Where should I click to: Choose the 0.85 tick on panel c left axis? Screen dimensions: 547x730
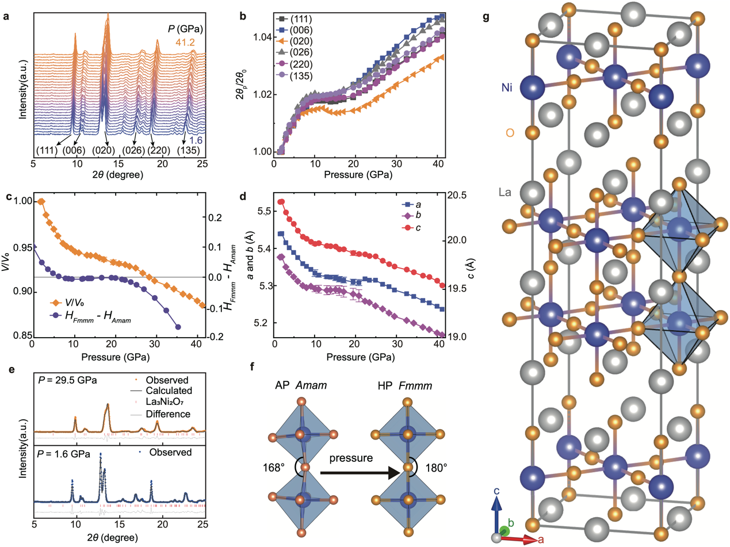click(x=17, y=336)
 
